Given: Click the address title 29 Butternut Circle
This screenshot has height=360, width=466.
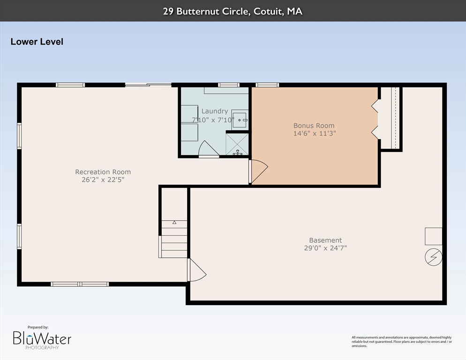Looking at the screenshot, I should tap(233, 11).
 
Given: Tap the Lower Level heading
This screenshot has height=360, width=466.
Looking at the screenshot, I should tap(37, 42).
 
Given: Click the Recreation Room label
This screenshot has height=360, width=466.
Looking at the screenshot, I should tap(103, 172).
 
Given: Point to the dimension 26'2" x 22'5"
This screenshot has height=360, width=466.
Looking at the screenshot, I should tap(103, 180).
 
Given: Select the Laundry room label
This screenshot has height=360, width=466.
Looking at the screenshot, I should tap(215, 111).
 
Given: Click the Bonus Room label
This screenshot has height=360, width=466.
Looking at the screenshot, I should tap(314, 125).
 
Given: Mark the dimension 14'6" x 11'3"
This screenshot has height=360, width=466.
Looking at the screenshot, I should tap(314, 133).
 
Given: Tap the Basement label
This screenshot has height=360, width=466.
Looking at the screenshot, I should tap(325, 240).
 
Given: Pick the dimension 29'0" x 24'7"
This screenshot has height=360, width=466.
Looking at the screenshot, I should tap(325, 248).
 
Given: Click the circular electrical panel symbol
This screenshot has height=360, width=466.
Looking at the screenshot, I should tap(433, 257).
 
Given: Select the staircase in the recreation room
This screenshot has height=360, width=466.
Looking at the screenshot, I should tap(174, 239).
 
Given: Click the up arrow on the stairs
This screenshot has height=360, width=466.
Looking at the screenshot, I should tap(174, 223).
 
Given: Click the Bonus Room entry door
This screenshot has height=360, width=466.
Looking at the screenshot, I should tap(258, 171).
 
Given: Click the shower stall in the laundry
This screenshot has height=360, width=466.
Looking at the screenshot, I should tap(237, 144).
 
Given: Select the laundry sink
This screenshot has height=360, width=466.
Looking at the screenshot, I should tap(240, 119).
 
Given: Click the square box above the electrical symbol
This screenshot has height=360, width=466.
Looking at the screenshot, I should tap(433, 236).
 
